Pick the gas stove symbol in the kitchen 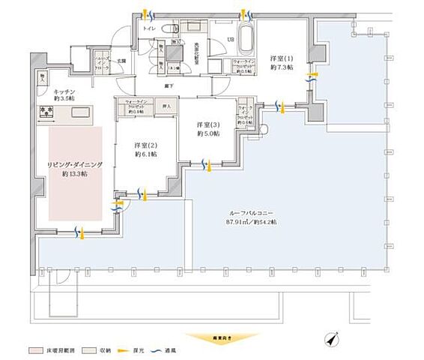click(46, 113)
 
